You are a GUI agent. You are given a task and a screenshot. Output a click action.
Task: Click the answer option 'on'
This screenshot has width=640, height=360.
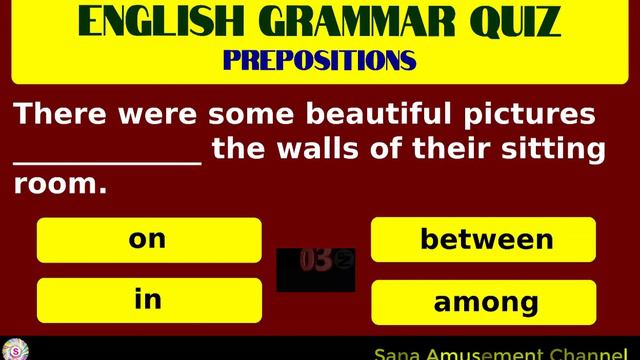pyautogui.click(x=148, y=240)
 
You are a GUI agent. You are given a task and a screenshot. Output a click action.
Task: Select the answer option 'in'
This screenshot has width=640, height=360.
pyautogui.click(x=148, y=300)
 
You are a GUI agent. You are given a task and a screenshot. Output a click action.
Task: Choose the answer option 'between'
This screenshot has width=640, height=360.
pyautogui.click(x=486, y=240)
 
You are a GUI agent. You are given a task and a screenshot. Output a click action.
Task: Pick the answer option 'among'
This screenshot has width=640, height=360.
pyautogui.click(x=486, y=302)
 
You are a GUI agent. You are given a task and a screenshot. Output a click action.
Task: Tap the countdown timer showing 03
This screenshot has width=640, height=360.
pyautogui.click(x=316, y=262)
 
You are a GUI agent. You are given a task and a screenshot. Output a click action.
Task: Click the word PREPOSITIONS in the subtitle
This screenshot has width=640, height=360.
pyautogui.click(x=319, y=61)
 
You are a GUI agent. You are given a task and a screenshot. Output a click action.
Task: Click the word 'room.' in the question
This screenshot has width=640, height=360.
pyautogui.click(x=59, y=185)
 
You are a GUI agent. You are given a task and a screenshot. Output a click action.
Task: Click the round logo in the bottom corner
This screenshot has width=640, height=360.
pyautogui.click(x=15, y=351)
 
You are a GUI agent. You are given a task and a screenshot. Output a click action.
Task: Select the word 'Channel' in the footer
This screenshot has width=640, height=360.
pyautogui.click(x=591, y=354)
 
